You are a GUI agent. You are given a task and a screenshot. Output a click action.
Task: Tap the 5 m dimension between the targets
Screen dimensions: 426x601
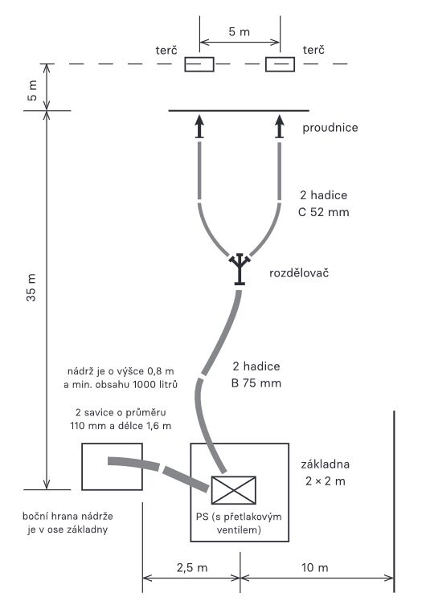point(240,32)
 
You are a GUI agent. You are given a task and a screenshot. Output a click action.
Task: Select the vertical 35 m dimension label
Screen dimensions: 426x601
point(31,287)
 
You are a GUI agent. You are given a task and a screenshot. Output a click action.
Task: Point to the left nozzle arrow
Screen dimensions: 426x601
point(199,126)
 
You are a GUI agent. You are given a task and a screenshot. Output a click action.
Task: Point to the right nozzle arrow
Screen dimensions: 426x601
point(280,126)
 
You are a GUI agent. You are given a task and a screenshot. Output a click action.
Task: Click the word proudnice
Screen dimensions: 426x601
point(330,128)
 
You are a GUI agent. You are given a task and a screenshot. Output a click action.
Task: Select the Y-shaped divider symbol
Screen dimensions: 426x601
point(240,269)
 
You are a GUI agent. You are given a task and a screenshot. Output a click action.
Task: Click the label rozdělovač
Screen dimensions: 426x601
point(299,273)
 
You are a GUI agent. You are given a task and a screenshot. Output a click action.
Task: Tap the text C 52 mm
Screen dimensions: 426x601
point(324,212)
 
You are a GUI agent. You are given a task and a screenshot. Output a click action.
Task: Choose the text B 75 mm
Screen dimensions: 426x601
point(256,383)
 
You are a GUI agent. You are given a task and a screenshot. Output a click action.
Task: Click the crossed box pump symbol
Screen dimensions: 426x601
point(234,490)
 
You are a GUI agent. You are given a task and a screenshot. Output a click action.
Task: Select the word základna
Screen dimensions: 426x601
point(326,464)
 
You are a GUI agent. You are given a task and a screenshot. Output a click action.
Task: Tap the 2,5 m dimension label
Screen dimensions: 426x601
point(192,567)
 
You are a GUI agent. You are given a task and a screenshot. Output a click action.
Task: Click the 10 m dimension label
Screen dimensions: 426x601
point(315,567)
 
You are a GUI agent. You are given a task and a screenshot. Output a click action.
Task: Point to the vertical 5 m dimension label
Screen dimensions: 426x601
point(32,91)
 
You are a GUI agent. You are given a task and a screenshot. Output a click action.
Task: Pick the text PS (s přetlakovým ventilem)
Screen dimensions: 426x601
point(239,523)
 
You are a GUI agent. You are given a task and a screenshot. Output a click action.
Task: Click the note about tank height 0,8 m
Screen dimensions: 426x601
point(121,378)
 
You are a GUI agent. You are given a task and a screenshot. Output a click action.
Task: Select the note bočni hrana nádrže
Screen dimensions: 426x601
point(68,523)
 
